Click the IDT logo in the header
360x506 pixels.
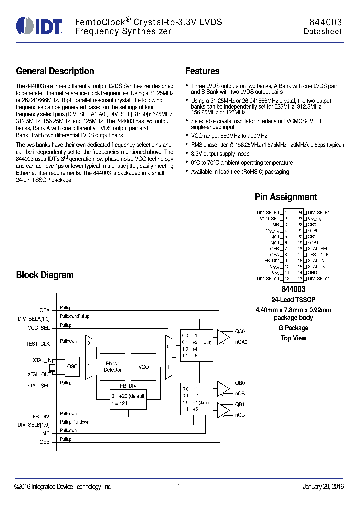click(x=39, y=26)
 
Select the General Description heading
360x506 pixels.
click(x=55, y=71)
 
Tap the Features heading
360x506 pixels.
click(x=202, y=71)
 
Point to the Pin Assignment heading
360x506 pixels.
click(x=285, y=197)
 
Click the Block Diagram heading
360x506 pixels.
click(x=45, y=275)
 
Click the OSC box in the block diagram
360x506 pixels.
click(x=72, y=366)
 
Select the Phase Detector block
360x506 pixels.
click(x=112, y=367)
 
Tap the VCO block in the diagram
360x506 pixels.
click(x=144, y=367)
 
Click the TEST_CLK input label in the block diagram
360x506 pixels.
click(x=38, y=344)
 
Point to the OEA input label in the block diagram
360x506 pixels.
click(x=44, y=310)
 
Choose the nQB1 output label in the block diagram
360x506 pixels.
click(x=241, y=415)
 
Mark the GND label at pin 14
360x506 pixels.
click(x=312, y=273)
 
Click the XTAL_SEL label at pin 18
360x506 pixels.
click(x=318, y=249)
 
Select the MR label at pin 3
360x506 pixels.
click(x=275, y=225)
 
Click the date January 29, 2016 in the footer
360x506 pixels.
click(x=323, y=487)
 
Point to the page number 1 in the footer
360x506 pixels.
click(x=178, y=487)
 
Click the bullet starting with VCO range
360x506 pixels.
click(x=229, y=136)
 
